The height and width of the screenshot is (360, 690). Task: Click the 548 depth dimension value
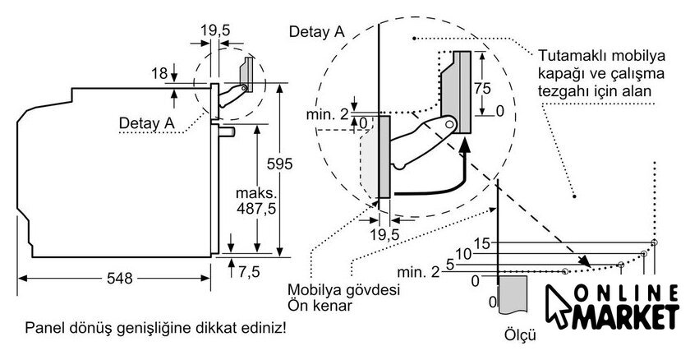pos(119,278)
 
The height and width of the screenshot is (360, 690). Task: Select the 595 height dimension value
pos(279,164)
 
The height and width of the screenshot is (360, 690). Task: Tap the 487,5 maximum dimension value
pos(256,208)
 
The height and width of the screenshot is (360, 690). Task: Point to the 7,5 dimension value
pos(249,272)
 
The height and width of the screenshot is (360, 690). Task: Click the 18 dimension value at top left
pos(159,73)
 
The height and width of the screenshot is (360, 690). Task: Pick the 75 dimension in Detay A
pos(482,89)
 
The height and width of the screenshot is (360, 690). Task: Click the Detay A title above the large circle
pos(317,32)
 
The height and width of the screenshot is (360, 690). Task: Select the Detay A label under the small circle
pos(147,122)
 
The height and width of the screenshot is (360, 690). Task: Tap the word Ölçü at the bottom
pos(520,335)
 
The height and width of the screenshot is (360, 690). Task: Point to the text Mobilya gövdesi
pos(343,290)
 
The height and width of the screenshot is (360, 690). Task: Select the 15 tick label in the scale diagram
pos(482,243)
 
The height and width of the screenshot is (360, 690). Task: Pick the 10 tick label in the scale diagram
pos(463,254)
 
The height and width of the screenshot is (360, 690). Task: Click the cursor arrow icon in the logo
pos(559,307)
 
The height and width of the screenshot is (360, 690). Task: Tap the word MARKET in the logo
pos(626,316)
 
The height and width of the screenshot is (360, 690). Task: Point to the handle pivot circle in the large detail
pos(449,124)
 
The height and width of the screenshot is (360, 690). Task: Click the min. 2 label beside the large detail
pos(328,114)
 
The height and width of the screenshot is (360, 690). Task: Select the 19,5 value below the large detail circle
pos(384,234)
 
